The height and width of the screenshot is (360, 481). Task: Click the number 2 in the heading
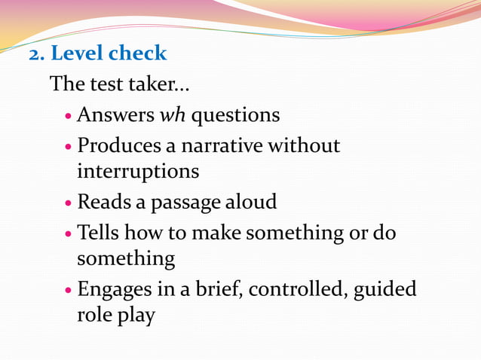pos(35,54)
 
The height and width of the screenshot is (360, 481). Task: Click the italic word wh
pos(168,115)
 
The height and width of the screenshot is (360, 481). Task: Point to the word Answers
pos(115,115)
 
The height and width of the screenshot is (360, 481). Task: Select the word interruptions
pos(139,172)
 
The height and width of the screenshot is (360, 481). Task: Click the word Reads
pos(106,202)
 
